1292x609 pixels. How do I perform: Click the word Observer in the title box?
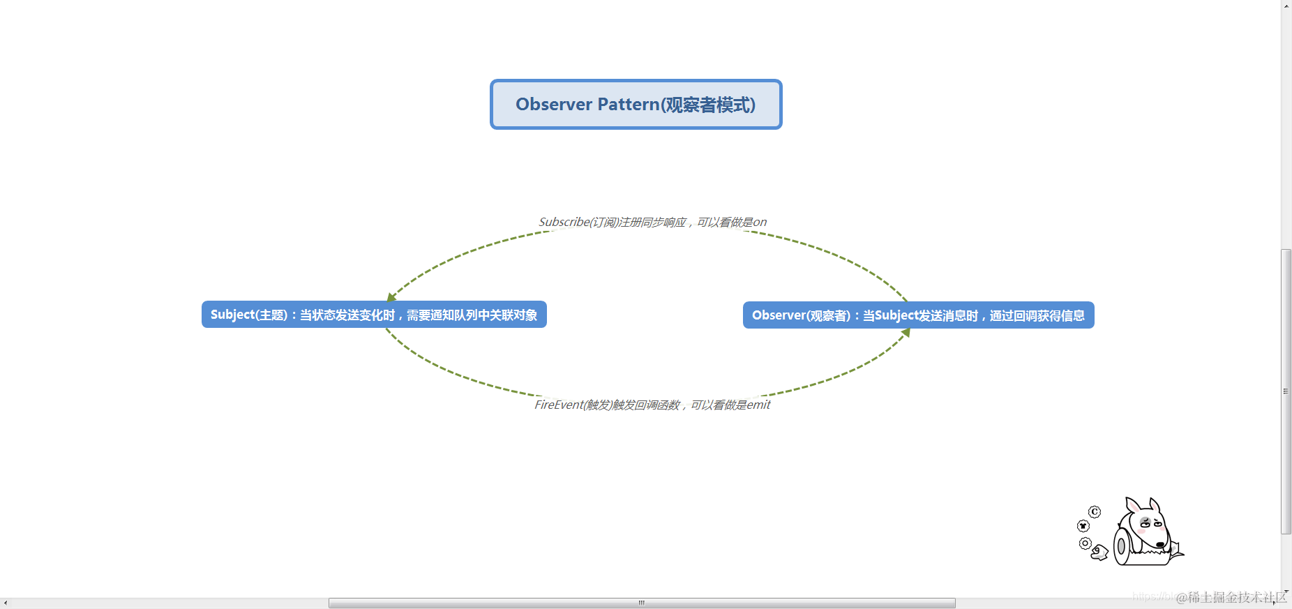coord(553,105)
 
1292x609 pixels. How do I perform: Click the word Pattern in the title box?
coord(628,105)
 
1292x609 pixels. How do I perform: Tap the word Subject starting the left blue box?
coord(233,315)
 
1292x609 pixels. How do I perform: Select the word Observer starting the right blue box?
coord(779,315)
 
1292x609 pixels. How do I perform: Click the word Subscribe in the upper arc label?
coord(564,222)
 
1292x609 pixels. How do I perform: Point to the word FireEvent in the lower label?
coord(558,405)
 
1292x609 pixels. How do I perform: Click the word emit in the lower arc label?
coord(758,405)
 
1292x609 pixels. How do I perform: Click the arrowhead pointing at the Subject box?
coord(391,297)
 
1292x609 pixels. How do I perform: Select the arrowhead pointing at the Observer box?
coord(906,333)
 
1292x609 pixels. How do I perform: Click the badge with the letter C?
coord(1095,512)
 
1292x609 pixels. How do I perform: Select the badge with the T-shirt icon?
coord(1083,526)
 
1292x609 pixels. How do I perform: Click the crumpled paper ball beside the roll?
coord(1099,553)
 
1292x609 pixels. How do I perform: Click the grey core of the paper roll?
coord(1120,547)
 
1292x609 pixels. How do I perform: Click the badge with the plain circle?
coord(1085,543)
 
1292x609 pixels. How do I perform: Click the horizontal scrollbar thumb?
coord(642,603)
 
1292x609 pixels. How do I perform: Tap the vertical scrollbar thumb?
coord(1286,391)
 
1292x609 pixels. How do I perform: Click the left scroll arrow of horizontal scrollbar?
coord(6,603)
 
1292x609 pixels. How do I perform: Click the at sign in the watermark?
coord(1181,598)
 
